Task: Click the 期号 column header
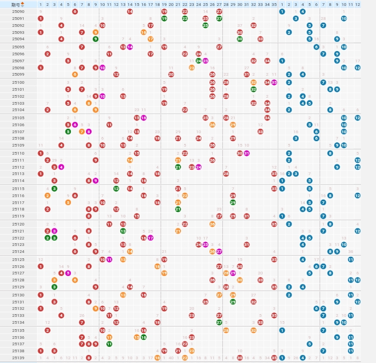pyautogui.click(x=16, y=4)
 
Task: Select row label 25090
pyautogui.click(x=18, y=11)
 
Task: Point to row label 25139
pyautogui.click(x=18, y=358)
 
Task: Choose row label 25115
pyautogui.click(x=18, y=188)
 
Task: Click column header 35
pyautogui.click(x=274, y=4)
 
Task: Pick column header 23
pyautogui.click(x=192, y=4)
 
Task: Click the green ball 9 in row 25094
pyautogui.click(x=96, y=39)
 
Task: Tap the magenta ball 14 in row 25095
pyautogui.click(x=130, y=47)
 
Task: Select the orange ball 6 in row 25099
pyautogui.click(x=75, y=75)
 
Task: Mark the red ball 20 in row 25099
pyautogui.click(x=171, y=75)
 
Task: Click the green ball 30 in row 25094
pyautogui.click(x=240, y=39)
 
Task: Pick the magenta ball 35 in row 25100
pyautogui.click(x=274, y=82)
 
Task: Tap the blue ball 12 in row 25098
pyautogui.click(x=357, y=68)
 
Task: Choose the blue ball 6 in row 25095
pyautogui.click(x=316, y=47)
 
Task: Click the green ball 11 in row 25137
pyautogui.click(x=109, y=344)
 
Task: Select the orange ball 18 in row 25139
pyautogui.click(x=157, y=358)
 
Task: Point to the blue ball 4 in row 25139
pyautogui.click(x=302, y=358)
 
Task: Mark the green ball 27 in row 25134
pyautogui.click(x=219, y=322)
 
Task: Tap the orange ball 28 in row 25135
pyautogui.click(x=226, y=330)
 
